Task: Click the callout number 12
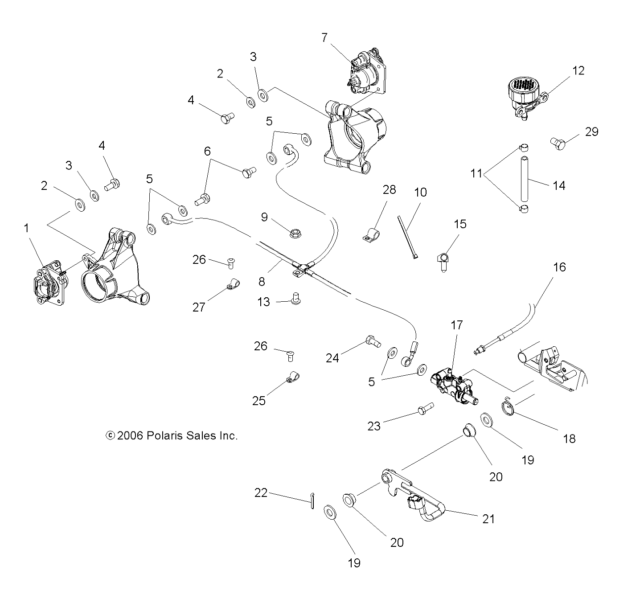pyautogui.click(x=578, y=70)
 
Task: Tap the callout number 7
pyautogui.click(x=324, y=37)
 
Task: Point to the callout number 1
pyautogui.click(x=26, y=228)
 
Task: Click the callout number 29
pyautogui.click(x=591, y=132)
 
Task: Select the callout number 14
pyautogui.click(x=558, y=185)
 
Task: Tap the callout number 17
pyautogui.click(x=457, y=325)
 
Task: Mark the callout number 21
pyautogui.click(x=488, y=519)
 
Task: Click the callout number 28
pyautogui.click(x=389, y=190)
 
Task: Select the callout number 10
pyautogui.click(x=420, y=192)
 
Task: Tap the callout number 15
pyautogui.click(x=460, y=224)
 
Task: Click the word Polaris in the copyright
pyautogui.click(x=161, y=435)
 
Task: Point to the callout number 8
pyautogui.click(x=261, y=281)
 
